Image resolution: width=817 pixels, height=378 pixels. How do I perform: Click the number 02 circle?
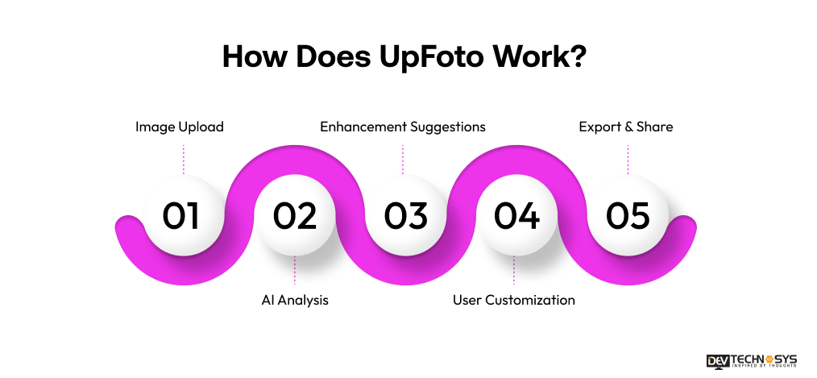pyautogui.click(x=295, y=216)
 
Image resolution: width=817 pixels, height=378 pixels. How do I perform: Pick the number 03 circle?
pyautogui.click(x=405, y=216)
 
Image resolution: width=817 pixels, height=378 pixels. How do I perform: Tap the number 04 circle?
pyautogui.click(x=516, y=216)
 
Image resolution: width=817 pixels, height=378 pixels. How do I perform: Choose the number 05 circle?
pyautogui.click(x=628, y=216)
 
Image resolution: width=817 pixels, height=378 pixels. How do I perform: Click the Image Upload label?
pyautogui.click(x=180, y=127)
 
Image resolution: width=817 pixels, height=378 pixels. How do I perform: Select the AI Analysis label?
pyautogui.click(x=295, y=300)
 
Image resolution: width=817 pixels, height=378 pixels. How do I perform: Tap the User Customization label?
pyautogui.click(x=514, y=300)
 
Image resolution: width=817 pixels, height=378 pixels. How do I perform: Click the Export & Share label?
pyautogui.click(x=626, y=127)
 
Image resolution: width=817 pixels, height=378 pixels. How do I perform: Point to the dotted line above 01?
pyautogui.click(x=184, y=159)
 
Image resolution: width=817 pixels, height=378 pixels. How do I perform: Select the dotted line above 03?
pyautogui.click(x=403, y=159)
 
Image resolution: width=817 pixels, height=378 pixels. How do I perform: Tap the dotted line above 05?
pyautogui.click(x=628, y=159)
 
